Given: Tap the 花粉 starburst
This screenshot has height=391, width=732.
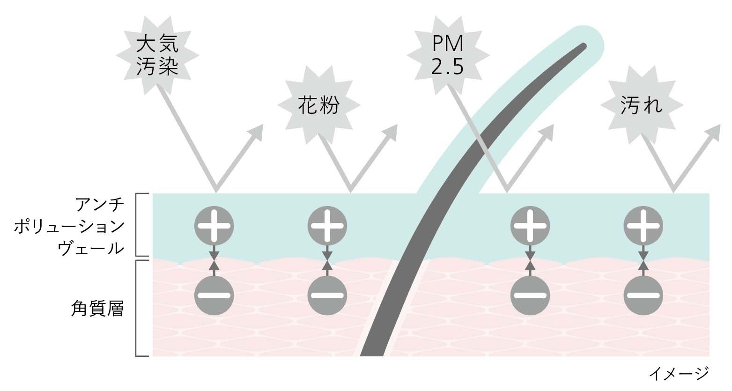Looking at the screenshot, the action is click(318, 106).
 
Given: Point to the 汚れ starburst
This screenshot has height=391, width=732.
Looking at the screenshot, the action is click(641, 106).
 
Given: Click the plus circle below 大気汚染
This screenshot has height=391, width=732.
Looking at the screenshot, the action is click(214, 226).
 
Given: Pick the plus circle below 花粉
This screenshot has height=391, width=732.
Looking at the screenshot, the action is click(327, 226).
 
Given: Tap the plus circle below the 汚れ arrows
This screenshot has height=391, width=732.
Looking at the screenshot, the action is click(643, 226).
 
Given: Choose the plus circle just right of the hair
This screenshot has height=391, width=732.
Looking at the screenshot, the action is click(530, 226).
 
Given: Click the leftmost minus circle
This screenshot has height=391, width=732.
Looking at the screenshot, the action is click(214, 295).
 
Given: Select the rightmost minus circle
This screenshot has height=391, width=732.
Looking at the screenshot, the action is click(643, 295).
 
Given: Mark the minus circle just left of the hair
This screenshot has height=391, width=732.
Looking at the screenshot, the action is click(327, 295).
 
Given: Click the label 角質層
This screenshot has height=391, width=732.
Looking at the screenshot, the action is click(97, 309).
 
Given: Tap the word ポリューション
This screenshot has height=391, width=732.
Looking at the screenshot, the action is click(69, 227).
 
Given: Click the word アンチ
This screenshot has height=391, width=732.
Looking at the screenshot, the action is click(99, 206).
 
